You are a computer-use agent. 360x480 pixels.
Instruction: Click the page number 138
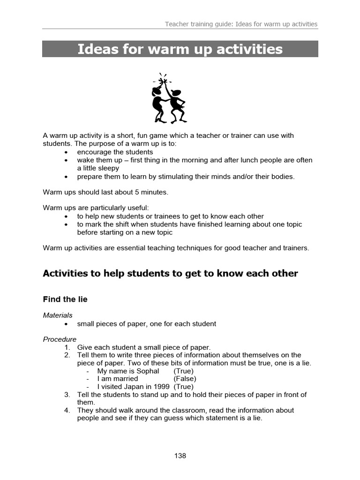pos(180,456)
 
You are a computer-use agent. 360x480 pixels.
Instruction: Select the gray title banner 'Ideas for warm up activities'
pos(180,49)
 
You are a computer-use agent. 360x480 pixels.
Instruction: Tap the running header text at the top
pos(241,24)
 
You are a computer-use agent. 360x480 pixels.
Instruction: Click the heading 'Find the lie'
pos(65,299)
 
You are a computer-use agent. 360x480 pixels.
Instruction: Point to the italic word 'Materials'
pos(58,315)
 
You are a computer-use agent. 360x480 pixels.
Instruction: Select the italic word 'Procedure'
pos(60,339)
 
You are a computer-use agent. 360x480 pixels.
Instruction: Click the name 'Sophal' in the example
pos(148,371)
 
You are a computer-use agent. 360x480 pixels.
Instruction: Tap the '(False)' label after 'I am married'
pos(185,379)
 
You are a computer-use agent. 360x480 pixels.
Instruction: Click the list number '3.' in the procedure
pos(67,395)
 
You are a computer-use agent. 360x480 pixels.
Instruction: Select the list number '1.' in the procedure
pos(67,347)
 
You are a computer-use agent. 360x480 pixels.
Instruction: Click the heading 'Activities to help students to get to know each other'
pos(170,273)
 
